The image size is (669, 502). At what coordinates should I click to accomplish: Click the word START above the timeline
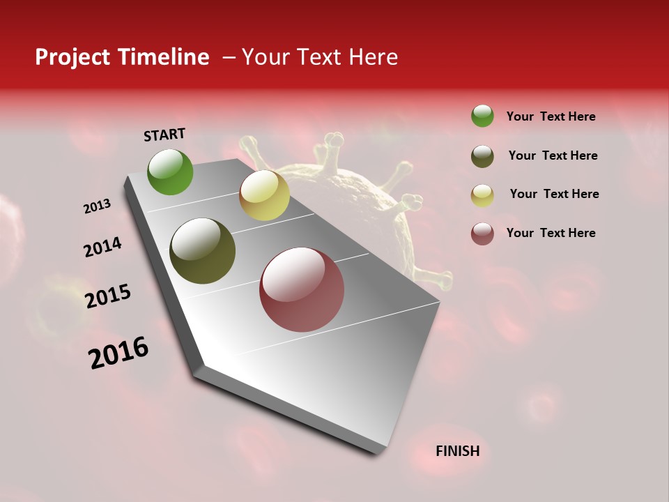point(164,135)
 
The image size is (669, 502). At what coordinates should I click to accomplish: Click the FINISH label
point(457,451)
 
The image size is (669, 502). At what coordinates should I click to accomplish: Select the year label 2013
point(98,206)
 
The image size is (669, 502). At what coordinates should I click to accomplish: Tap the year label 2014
point(102,248)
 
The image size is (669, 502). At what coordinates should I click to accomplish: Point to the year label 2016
point(118,353)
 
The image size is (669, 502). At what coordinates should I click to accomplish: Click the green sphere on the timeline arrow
point(171,172)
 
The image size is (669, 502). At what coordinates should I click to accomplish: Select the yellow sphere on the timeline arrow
point(264,195)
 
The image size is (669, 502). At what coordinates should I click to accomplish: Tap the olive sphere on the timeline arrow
point(203,251)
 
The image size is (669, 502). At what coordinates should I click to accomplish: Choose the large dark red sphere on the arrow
point(302,289)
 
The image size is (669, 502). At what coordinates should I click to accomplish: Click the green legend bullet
point(482,116)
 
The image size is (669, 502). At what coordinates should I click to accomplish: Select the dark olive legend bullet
point(482,156)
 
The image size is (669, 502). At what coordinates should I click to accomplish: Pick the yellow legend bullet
point(482,195)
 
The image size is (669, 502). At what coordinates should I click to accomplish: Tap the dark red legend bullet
point(482,234)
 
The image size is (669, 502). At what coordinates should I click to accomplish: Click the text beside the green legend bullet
point(551,116)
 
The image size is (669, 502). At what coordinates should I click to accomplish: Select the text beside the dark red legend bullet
point(551,233)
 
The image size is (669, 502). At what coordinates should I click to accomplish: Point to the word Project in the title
point(73,57)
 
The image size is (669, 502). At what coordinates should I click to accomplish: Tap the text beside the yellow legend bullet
point(554,194)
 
